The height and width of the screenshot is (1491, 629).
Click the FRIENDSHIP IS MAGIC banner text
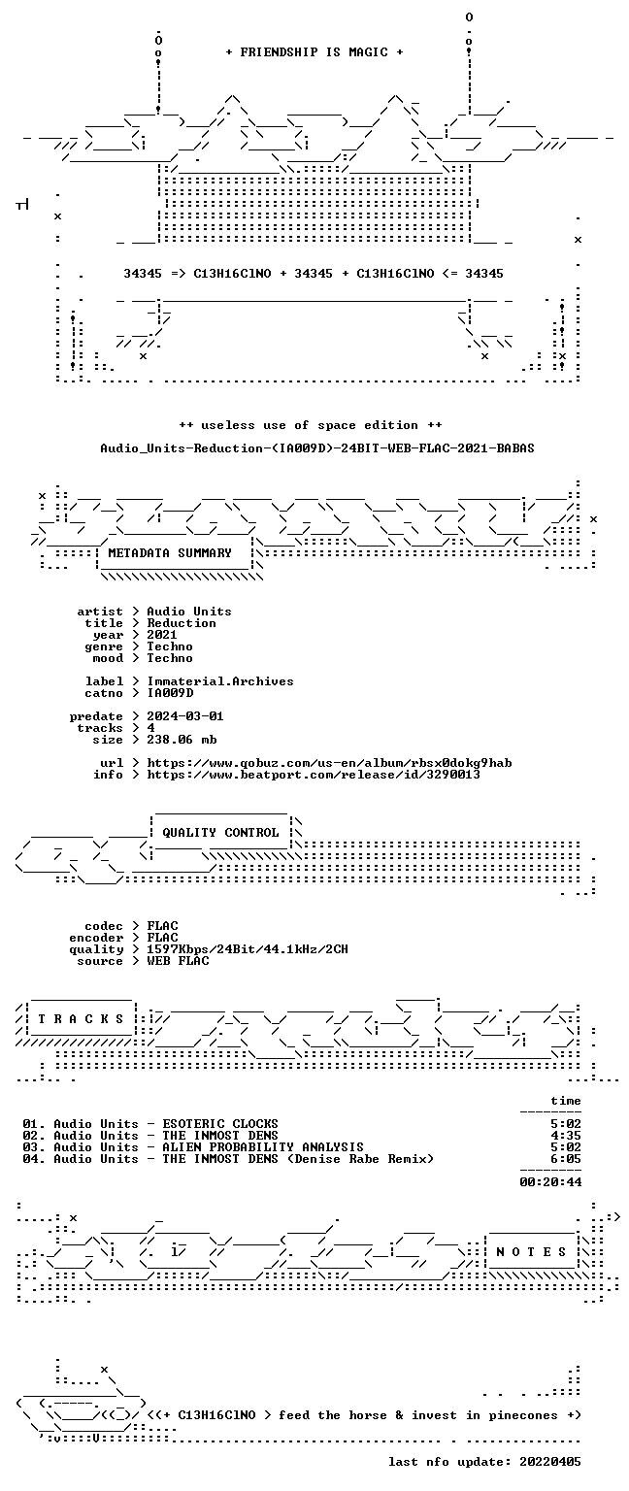314,51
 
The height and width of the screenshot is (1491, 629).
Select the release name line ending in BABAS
316,447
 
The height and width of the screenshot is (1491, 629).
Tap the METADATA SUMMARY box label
170,552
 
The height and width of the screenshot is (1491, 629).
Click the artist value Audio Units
189,611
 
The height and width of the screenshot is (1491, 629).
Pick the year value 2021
162,634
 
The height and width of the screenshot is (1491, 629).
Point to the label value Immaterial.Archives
220,680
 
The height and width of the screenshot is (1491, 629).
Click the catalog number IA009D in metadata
170,693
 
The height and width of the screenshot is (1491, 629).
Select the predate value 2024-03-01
185,716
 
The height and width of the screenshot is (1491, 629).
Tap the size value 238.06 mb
182,740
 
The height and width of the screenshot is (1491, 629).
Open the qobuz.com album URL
329,763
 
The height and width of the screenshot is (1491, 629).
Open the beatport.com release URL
314,774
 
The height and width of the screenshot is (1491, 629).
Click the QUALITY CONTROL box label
220,833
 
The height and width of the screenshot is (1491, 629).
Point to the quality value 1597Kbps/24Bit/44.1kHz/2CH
248,949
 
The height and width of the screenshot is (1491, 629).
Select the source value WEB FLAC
178,960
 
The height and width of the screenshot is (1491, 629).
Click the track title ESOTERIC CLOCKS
220,1123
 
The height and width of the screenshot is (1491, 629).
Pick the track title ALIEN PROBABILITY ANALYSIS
263,1146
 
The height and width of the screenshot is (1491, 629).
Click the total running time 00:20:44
550,1182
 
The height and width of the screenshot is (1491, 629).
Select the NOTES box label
531,1252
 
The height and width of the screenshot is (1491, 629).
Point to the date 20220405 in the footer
550,1462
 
